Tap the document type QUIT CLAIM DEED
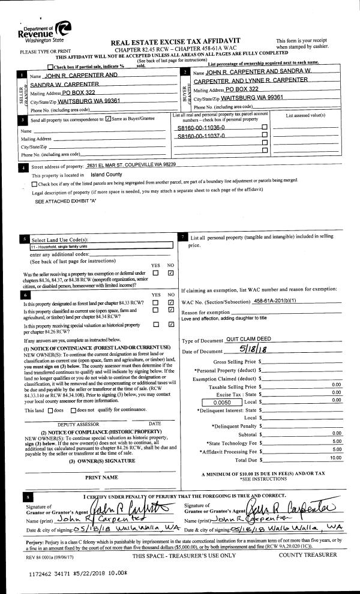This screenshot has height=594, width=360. click(x=241, y=340)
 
